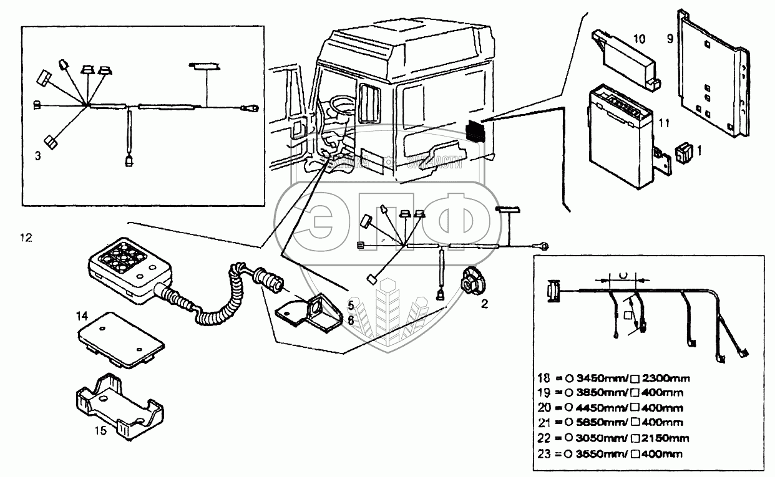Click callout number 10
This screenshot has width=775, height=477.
640,39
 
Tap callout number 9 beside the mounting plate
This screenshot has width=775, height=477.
669,39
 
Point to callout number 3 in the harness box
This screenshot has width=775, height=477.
38,156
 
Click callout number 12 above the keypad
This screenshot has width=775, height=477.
25,238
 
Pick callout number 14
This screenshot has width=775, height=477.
82,316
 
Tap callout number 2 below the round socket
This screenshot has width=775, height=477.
484,304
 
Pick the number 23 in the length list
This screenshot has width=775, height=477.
543,453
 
